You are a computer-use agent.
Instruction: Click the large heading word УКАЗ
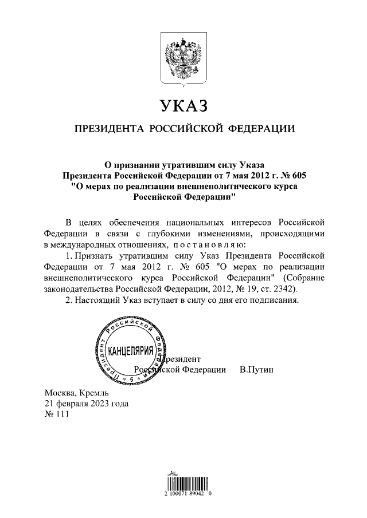point(183,106)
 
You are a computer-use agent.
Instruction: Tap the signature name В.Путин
point(256,370)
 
